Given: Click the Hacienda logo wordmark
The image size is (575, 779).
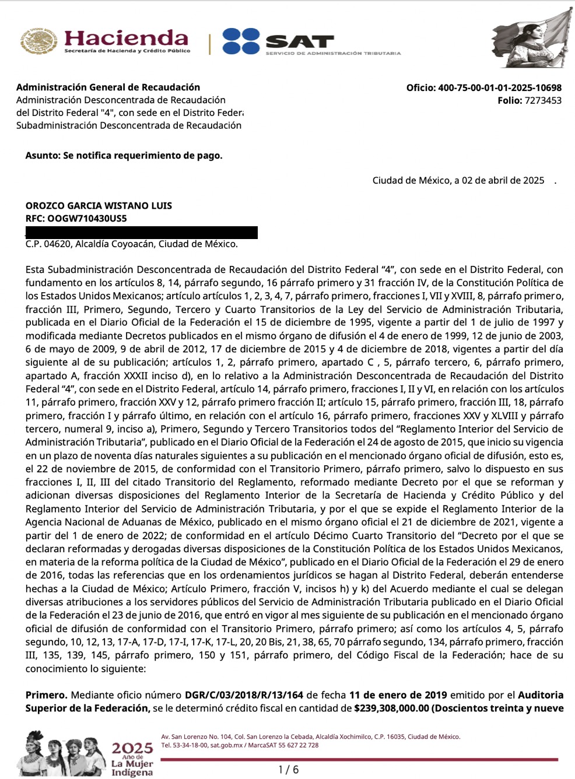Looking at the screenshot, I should [126, 38].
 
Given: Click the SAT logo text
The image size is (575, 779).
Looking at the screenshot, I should [300, 41].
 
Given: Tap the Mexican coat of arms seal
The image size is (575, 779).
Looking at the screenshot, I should [39, 41].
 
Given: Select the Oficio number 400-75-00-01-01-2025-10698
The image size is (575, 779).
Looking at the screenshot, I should [500, 88].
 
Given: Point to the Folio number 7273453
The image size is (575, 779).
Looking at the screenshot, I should [543, 100].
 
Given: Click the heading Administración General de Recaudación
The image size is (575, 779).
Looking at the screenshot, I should [108, 87].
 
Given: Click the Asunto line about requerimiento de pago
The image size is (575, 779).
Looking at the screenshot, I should [124, 156].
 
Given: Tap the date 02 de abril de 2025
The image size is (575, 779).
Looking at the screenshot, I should [503, 181].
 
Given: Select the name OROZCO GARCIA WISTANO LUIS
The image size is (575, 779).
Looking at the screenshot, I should [99, 206].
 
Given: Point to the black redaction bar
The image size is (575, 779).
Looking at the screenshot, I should [141, 232].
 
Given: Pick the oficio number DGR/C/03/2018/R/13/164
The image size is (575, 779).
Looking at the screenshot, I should [244, 695].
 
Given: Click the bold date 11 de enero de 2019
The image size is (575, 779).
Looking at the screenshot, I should [398, 695].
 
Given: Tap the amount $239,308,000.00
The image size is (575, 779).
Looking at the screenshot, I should [391, 708].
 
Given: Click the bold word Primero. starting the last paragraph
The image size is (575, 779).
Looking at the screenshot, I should [46, 695].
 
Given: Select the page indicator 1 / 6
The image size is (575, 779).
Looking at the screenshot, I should [289, 770].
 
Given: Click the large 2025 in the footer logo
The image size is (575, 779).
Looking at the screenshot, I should [132, 748].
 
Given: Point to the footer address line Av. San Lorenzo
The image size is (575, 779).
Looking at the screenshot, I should [310, 737].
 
